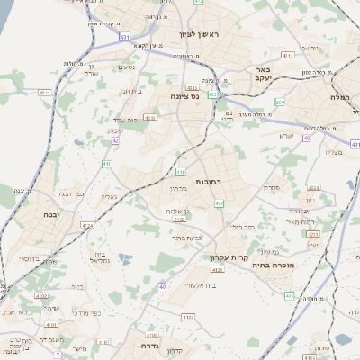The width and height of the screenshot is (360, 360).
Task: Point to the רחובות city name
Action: pyautogui.click(x=209, y=182)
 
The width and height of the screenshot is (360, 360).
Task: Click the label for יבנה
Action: pyautogui.click(x=50, y=215)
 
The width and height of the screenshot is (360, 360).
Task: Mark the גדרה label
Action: pyautogui.click(x=144, y=345)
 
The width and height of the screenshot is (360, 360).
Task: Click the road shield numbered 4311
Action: pyautogui.click(x=287, y=55)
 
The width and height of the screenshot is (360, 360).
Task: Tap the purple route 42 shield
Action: pyautogui.click(x=115, y=141)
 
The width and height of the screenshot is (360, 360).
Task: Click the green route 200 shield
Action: pyautogui.click(x=280, y=103)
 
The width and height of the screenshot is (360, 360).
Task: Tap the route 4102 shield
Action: pyautogui.click(x=103, y=342)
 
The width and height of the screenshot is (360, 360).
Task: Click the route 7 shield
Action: pyautogui.click(x=58, y=355)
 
